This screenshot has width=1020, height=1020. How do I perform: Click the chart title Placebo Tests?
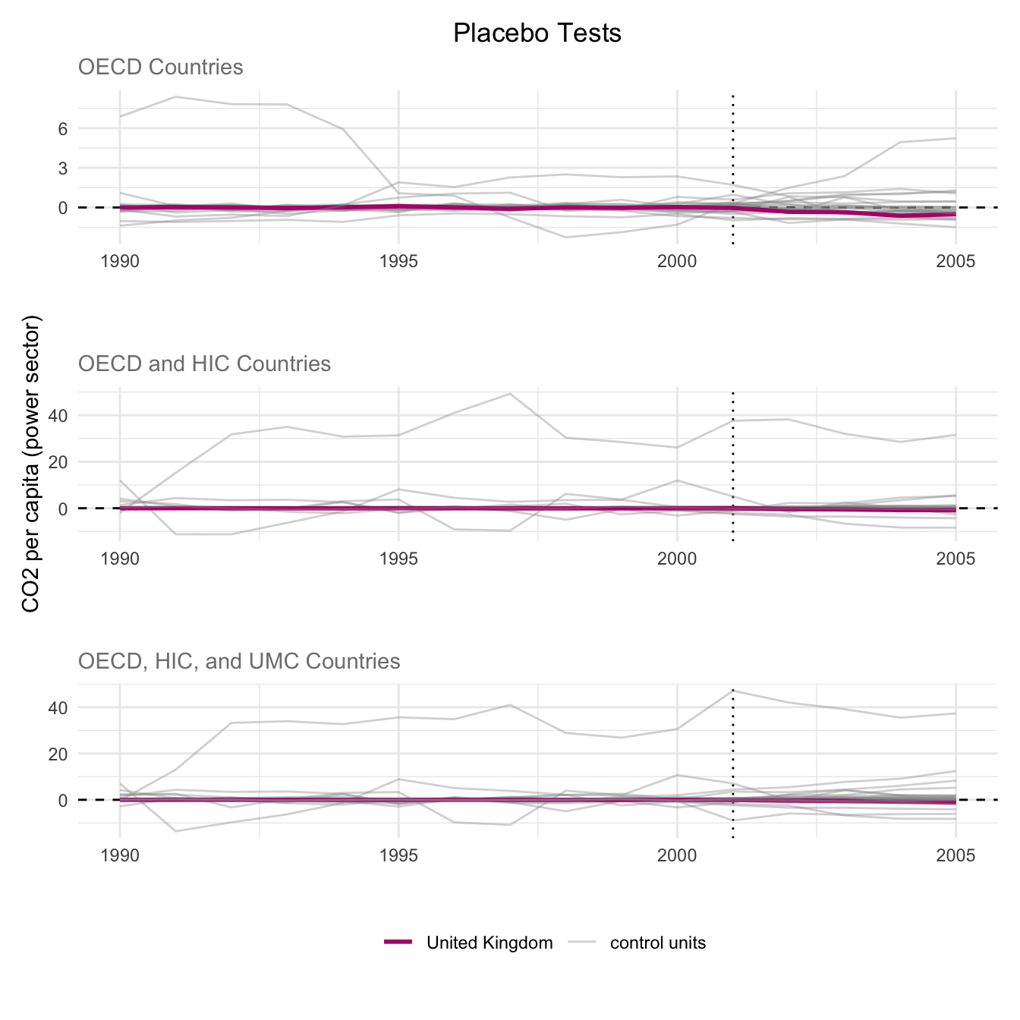(x=537, y=33)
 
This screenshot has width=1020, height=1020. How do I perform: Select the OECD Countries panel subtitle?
(x=160, y=68)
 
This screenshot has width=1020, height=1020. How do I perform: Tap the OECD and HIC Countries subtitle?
(x=204, y=364)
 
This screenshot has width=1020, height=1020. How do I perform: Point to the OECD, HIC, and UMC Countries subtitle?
(x=239, y=662)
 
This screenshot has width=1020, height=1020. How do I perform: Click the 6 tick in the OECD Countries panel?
(x=62, y=129)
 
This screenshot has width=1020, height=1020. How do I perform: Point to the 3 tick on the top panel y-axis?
(x=62, y=168)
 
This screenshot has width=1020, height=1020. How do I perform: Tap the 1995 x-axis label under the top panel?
(x=398, y=262)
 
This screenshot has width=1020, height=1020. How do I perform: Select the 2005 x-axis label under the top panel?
(x=955, y=262)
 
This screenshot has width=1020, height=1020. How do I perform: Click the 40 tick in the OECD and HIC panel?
(x=58, y=416)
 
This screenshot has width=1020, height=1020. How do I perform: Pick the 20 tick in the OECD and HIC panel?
(x=58, y=462)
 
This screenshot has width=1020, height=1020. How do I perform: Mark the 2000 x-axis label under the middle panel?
(x=677, y=559)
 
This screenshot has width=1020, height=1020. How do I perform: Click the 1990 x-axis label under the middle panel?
(x=120, y=559)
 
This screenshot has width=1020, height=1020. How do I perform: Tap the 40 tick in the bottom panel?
(x=58, y=708)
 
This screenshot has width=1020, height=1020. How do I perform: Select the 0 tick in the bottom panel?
(x=62, y=801)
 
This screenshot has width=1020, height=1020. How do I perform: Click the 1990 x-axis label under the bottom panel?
(x=120, y=856)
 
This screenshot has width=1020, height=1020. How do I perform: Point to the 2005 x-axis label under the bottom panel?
(x=955, y=856)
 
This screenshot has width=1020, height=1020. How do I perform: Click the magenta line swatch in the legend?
(x=398, y=943)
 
